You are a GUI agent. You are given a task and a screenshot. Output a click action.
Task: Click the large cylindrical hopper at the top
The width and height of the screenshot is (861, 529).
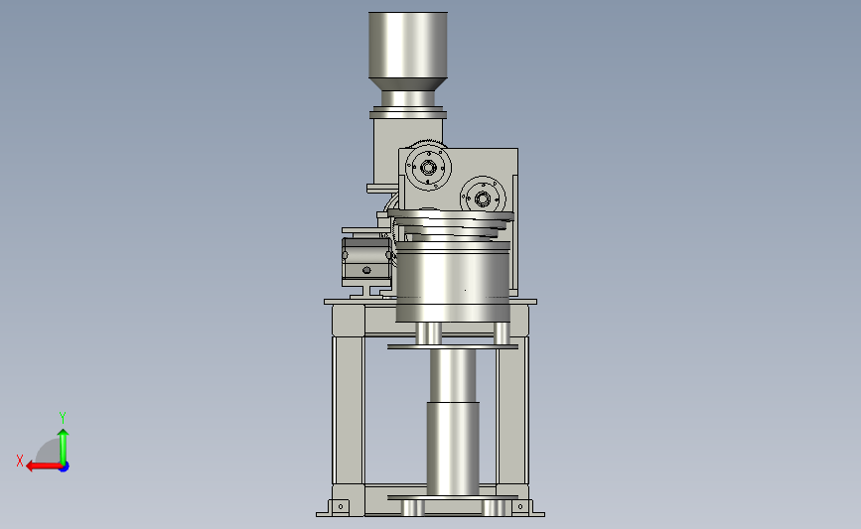(408, 45)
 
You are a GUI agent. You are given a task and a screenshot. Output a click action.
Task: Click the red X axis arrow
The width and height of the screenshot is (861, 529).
(43, 466)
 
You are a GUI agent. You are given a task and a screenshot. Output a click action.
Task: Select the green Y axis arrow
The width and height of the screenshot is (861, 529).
(64, 447)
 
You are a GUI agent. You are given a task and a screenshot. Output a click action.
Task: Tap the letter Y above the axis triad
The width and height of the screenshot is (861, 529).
(62, 418)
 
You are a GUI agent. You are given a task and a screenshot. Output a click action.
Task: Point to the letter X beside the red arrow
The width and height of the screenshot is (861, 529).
(20, 461)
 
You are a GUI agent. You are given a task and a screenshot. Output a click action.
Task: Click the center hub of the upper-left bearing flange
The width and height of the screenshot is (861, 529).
(428, 168)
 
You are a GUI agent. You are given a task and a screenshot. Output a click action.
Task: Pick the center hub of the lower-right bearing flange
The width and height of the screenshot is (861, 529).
(482, 198)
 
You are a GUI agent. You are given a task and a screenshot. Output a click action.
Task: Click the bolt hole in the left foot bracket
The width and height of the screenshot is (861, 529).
(341, 506)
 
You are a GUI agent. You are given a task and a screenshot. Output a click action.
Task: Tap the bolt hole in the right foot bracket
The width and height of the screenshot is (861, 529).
(520, 506)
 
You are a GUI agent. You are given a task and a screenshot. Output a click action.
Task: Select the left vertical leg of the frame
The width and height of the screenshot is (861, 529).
(349, 411)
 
